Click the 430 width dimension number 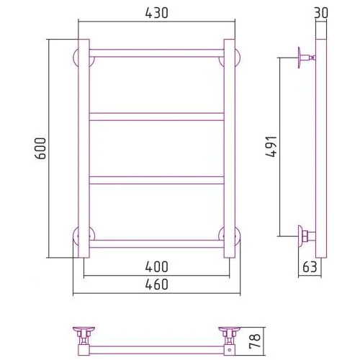pos(156,13)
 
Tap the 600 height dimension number pos(40,148)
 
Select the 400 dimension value pos(156,266)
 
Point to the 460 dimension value pos(156,284)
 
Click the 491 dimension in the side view pos(271,146)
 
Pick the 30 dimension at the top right pos(321,13)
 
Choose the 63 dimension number pos(310,266)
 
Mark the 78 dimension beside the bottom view pos(255,341)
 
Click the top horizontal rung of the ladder pos(156,53)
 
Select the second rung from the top pos(156,117)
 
